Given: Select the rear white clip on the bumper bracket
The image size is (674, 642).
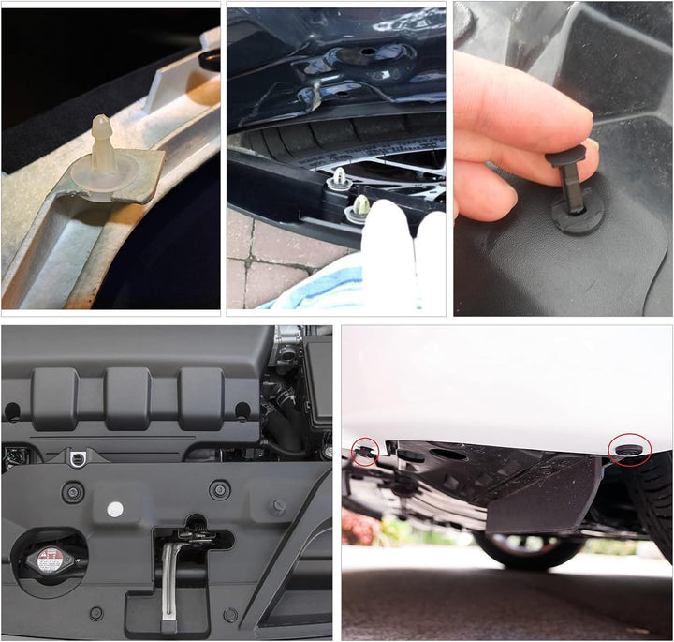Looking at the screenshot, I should point(333,178).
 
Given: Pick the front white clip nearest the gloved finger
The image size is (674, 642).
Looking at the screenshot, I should point(359,201).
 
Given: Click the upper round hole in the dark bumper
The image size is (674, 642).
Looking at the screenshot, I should point(367,49).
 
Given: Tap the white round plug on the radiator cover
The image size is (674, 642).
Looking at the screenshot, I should point(115,510).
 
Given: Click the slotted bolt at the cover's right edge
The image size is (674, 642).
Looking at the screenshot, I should point(278,507).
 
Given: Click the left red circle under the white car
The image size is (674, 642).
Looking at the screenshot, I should point(364,453).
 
